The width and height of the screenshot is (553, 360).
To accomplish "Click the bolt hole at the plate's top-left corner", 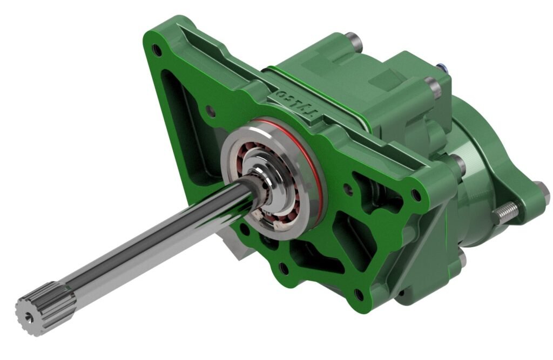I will [x=157, y=51].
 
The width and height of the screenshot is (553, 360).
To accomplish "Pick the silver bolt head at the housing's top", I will [x=353, y=38].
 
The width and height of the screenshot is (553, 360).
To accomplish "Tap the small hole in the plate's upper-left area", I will [x=211, y=113].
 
